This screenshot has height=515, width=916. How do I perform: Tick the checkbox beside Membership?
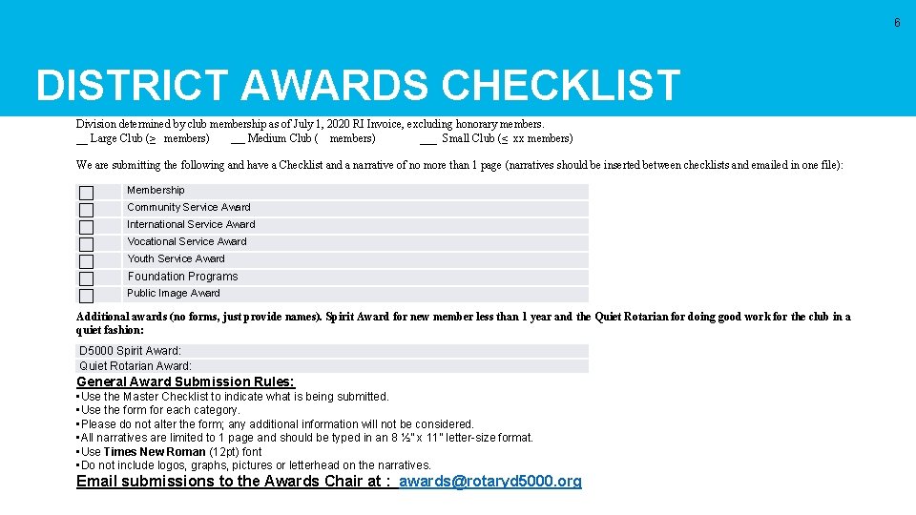(86, 193)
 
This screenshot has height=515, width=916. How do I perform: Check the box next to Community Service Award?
(86, 210)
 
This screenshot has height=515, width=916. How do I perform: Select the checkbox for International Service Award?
(86, 227)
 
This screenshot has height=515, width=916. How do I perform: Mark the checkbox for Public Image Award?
(86, 296)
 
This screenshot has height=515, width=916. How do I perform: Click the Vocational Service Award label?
(187, 241)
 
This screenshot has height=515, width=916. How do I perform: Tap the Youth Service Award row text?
(177, 258)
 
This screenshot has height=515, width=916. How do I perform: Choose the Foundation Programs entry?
(183, 277)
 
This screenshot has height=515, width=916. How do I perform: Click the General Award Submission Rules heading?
(185, 381)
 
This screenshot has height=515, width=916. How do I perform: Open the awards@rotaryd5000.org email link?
(489, 482)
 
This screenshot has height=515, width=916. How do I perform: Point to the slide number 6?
(897, 23)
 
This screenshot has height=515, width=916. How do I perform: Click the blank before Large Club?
(81, 139)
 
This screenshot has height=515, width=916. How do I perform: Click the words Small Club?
(468, 138)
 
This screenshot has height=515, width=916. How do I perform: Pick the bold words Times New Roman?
(155, 452)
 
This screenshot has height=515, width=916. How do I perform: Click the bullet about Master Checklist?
(235, 397)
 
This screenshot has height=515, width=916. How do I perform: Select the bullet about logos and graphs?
(256, 465)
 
